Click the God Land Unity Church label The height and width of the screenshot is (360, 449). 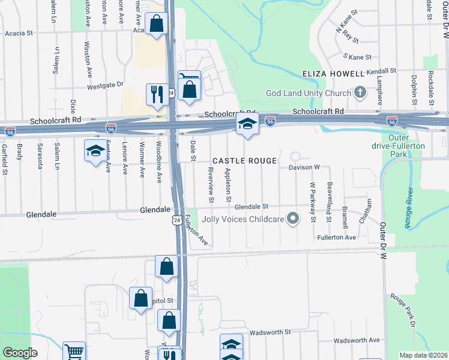click(308, 93)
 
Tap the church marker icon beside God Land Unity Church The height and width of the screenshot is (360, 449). click(360, 92)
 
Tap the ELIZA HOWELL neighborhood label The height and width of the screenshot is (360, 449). click(333, 74)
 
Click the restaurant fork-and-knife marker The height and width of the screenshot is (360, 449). click(157, 95)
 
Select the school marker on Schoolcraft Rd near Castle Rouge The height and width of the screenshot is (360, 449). click(247, 125)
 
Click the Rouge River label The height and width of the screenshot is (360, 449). click(410, 208)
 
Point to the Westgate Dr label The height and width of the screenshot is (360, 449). click(105, 86)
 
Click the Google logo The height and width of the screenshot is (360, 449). click(20, 353)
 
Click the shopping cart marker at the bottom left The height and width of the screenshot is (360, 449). click(74, 351)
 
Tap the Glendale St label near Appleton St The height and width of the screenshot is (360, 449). click(250, 206)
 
